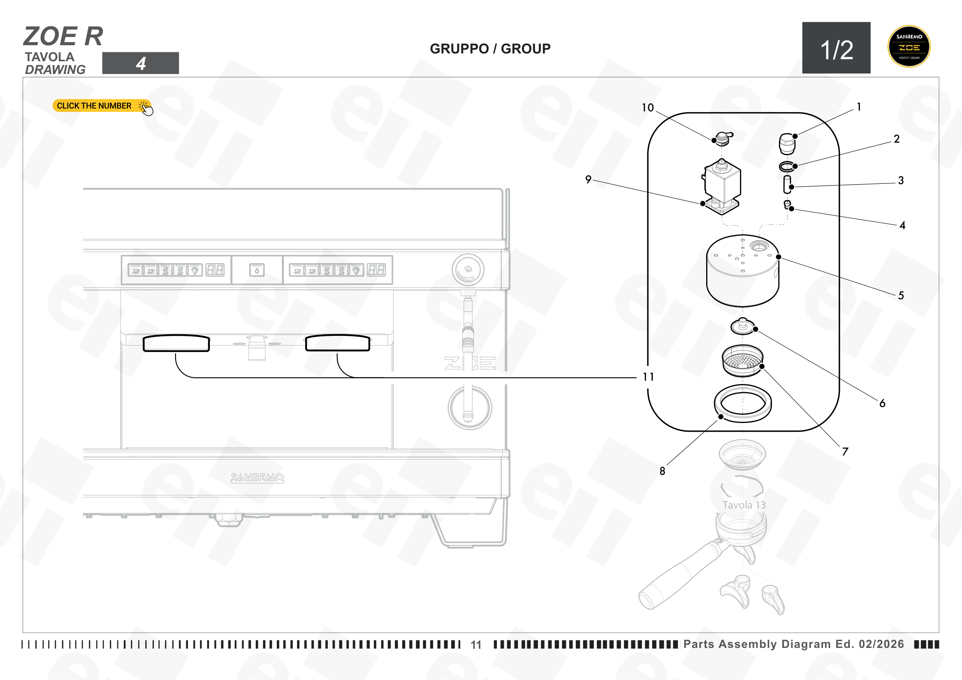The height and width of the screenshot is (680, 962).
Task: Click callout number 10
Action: click(x=647, y=108)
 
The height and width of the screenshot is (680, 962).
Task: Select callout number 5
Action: click(x=901, y=296)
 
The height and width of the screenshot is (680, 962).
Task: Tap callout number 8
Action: click(x=662, y=471)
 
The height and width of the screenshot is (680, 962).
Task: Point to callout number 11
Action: click(x=648, y=377)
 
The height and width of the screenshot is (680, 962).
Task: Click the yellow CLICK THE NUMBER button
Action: click(x=102, y=106)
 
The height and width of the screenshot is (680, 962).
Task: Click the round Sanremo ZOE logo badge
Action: click(x=909, y=46)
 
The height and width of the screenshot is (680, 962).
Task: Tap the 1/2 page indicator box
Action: click(x=836, y=48)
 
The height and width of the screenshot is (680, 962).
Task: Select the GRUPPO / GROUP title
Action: click(x=490, y=49)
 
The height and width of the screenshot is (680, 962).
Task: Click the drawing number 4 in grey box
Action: click(x=141, y=63)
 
